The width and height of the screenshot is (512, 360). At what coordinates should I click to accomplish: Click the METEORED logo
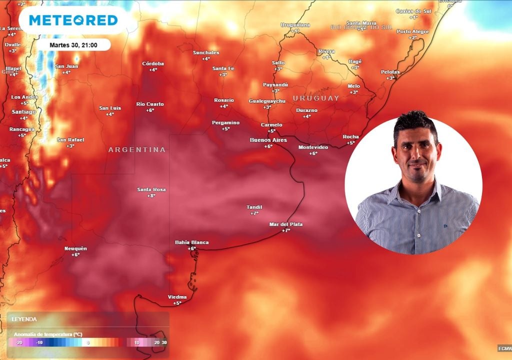(x=73, y=20)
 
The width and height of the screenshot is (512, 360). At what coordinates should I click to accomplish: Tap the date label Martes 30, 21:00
(x=73, y=45)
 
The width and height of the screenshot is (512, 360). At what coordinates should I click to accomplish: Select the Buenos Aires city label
(x=268, y=140)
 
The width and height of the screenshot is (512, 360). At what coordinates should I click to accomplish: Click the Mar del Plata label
(x=285, y=224)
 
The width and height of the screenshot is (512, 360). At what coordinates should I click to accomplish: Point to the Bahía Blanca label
(x=191, y=242)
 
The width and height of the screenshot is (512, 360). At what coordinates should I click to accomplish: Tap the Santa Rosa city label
(x=151, y=189)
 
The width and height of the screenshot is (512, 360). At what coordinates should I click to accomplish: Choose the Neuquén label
(x=75, y=248)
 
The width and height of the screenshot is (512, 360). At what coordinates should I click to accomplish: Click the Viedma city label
(x=177, y=297)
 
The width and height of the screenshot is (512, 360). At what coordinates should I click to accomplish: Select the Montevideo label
(x=313, y=147)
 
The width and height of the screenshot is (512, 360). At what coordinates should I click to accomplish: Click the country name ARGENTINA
(x=136, y=149)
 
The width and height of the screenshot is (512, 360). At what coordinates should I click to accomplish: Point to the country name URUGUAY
(x=316, y=98)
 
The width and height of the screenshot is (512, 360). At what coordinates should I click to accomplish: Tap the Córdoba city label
(x=153, y=63)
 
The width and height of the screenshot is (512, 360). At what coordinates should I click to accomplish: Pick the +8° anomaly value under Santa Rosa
(x=151, y=195)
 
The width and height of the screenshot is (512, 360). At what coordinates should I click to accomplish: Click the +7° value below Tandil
(x=254, y=213)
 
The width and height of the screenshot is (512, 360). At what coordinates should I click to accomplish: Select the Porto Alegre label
(x=413, y=31)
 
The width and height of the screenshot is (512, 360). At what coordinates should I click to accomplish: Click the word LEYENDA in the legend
(x=24, y=319)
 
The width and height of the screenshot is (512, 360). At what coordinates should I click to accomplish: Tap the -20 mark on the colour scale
(x=19, y=343)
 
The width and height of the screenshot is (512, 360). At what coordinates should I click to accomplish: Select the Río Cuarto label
(x=150, y=104)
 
